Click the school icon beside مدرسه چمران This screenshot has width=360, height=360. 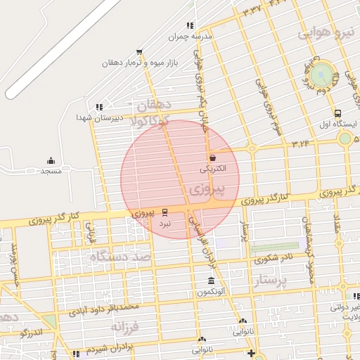(190, 25)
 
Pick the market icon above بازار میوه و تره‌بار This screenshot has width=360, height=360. (139, 51)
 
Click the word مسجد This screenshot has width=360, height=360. (51, 172)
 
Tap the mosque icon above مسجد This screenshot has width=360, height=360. (51, 161)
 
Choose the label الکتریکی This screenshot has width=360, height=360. (212, 169)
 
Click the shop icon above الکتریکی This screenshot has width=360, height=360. (212, 157)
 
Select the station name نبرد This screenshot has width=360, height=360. (165, 223)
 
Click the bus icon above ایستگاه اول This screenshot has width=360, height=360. (338, 112)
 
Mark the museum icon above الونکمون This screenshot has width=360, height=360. (212, 281)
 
